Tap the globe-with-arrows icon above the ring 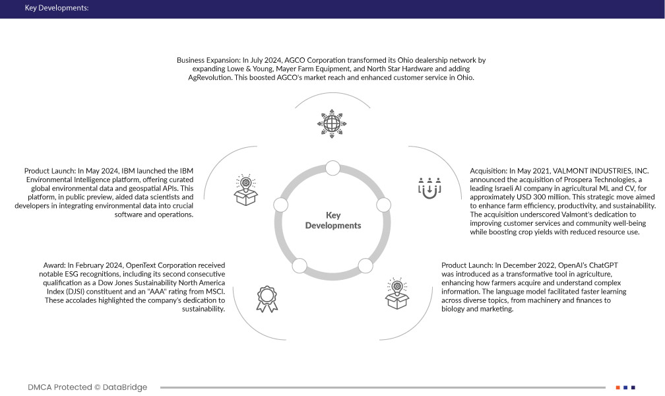[332, 123]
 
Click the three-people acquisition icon [429, 187]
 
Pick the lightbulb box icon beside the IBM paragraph [245, 189]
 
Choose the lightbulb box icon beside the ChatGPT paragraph [397, 294]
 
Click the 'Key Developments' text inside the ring [333, 220]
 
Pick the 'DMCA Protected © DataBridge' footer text [88, 387]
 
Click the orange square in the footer [617, 387]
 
